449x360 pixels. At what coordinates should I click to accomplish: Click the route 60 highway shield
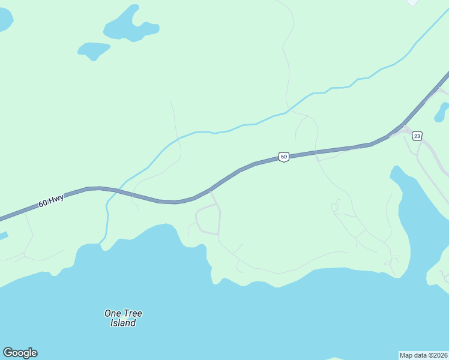[x=284, y=157]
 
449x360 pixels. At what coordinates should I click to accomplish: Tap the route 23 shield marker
[x=417, y=136]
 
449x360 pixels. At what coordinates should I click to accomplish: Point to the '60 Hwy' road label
[x=51, y=200]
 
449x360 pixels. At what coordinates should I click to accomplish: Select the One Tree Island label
[x=123, y=318]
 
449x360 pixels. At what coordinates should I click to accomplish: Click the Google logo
[x=20, y=353]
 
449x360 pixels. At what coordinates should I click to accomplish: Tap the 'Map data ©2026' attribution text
[x=423, y=355]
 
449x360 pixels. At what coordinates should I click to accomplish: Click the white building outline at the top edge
[x=412, y=2]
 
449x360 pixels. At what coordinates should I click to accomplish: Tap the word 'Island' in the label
[x=123, y=323]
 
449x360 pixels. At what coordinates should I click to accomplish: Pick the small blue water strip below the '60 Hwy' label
[x=3, y=236]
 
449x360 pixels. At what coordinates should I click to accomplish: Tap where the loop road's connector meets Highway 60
[x=211, y=191]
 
